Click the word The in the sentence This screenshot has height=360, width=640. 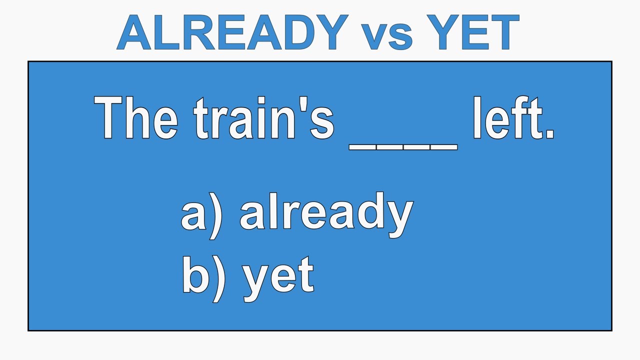pyautogui.click(x=136, y=119)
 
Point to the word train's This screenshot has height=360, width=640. pyautogui.click(x=264, y=119)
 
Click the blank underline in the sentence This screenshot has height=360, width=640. pyautogui.click(x=403, y=146)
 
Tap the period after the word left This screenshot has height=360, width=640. pyautogui.click(x=550, y=134)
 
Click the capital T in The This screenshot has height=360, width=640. pyautogui.click(x=111, y=119)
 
